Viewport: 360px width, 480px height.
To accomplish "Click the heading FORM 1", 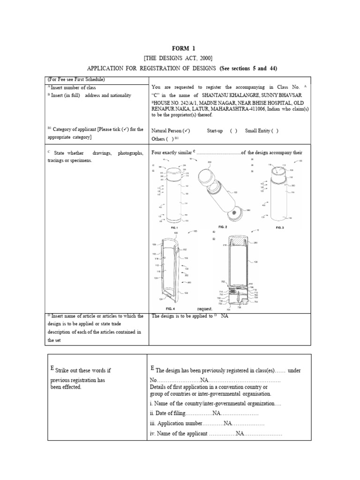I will (180, 48).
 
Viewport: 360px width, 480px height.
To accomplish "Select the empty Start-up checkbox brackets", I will (233, 131).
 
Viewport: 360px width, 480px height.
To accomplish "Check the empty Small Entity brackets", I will (274, 131).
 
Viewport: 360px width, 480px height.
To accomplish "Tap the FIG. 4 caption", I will (171, 309).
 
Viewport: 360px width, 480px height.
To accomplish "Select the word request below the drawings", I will (205, 309).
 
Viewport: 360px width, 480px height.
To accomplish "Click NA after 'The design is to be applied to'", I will (225, 316).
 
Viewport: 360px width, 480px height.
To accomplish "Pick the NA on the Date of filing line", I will (217, 413).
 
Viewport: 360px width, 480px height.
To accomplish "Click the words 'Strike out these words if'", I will (83, 370).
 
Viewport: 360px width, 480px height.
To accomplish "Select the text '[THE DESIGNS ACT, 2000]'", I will (180, 58).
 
